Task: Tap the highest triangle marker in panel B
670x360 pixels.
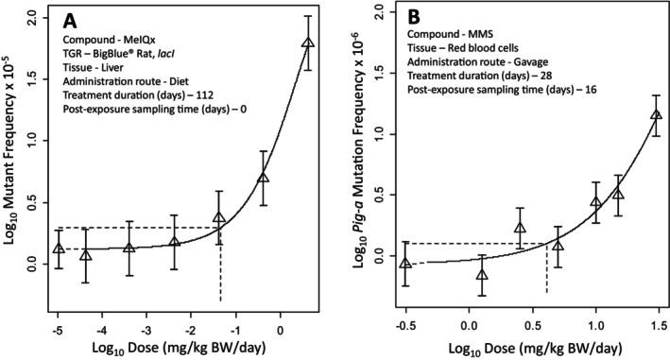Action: point(630,115)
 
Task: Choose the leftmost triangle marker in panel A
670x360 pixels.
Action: point(59,249)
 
